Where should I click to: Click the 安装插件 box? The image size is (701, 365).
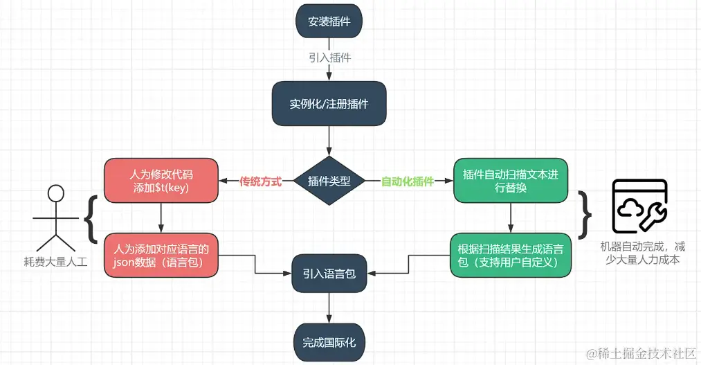(329, 21)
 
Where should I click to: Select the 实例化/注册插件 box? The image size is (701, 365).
(329, 104)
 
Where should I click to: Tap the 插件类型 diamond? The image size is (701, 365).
(329, 181)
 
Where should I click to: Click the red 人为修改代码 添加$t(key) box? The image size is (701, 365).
(161, 181)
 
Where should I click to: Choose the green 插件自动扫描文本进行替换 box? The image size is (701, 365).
(511, 181)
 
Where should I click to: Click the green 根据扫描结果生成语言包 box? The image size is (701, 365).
(511, 255)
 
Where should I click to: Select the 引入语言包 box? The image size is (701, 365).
(329, 274)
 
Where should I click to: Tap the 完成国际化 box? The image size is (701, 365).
(329, 342)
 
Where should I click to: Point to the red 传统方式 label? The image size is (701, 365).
(260, 181)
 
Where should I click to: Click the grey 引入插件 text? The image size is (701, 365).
(330, 57)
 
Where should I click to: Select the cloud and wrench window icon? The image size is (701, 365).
(639, 206)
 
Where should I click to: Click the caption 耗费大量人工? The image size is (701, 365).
(55, 262)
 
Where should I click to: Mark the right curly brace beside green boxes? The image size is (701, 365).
(585, 214)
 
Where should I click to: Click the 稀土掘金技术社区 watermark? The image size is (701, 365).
(640, 353)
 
